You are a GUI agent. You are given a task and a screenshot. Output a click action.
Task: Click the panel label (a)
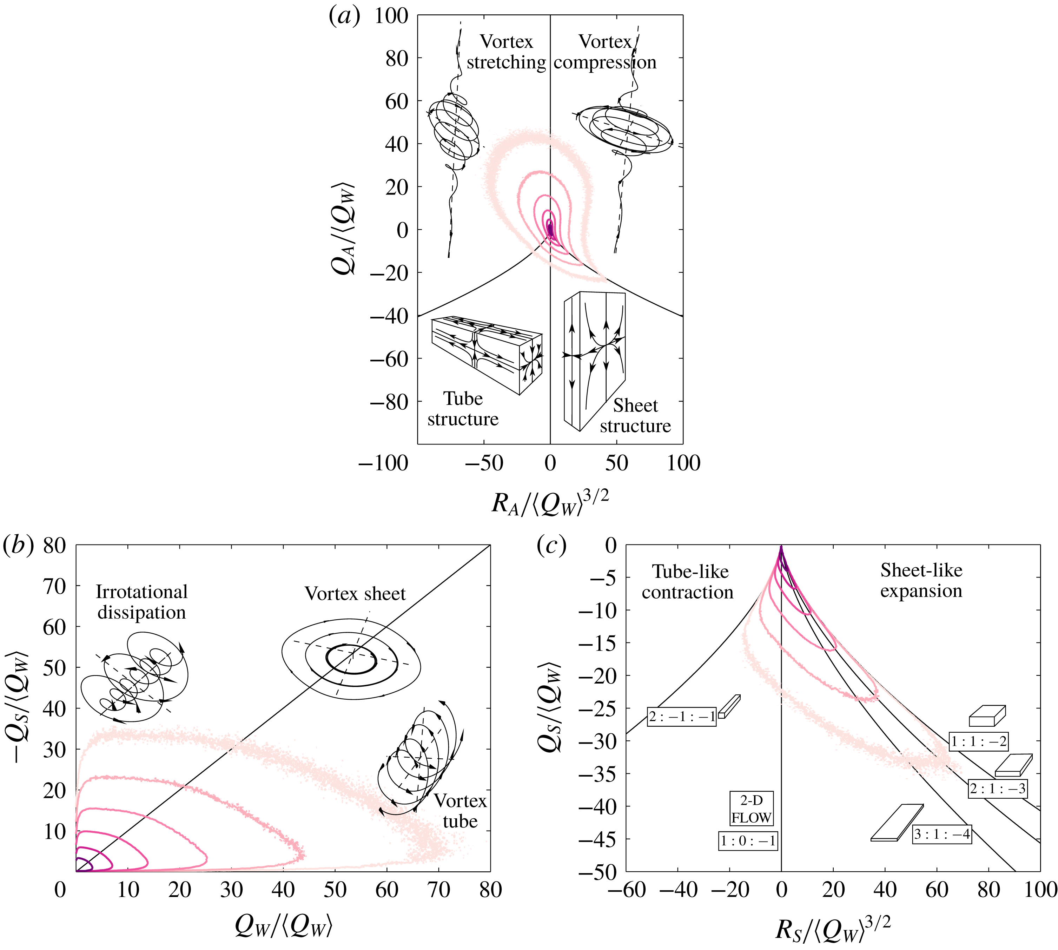tap(344, 17)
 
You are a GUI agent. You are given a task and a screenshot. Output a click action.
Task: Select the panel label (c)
tap(551, 546)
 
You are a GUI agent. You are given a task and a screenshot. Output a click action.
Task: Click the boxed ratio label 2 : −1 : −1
tap(682, 717)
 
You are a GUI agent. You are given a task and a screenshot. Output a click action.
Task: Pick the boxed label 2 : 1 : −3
tap(998, 789)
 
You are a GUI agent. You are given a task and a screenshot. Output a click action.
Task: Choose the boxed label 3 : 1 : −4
tap(942, 834)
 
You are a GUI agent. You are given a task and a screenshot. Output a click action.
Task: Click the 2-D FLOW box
tap(751, 809)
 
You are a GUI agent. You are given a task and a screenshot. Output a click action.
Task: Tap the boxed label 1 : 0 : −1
tap(748, 841)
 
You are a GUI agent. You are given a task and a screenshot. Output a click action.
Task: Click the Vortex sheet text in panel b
tap(355, 594)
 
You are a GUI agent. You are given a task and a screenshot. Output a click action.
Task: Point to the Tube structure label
tap(463, 409)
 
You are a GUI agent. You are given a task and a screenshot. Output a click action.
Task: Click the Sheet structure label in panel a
tap(635, 416)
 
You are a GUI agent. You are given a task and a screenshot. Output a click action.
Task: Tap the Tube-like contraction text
tap(688, 582)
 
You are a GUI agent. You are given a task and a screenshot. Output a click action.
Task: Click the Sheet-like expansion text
tap(921, 580)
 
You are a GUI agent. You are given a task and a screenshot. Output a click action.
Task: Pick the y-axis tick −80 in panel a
tap(389, 402)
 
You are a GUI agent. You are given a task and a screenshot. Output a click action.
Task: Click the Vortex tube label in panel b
tap(460, 811)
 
